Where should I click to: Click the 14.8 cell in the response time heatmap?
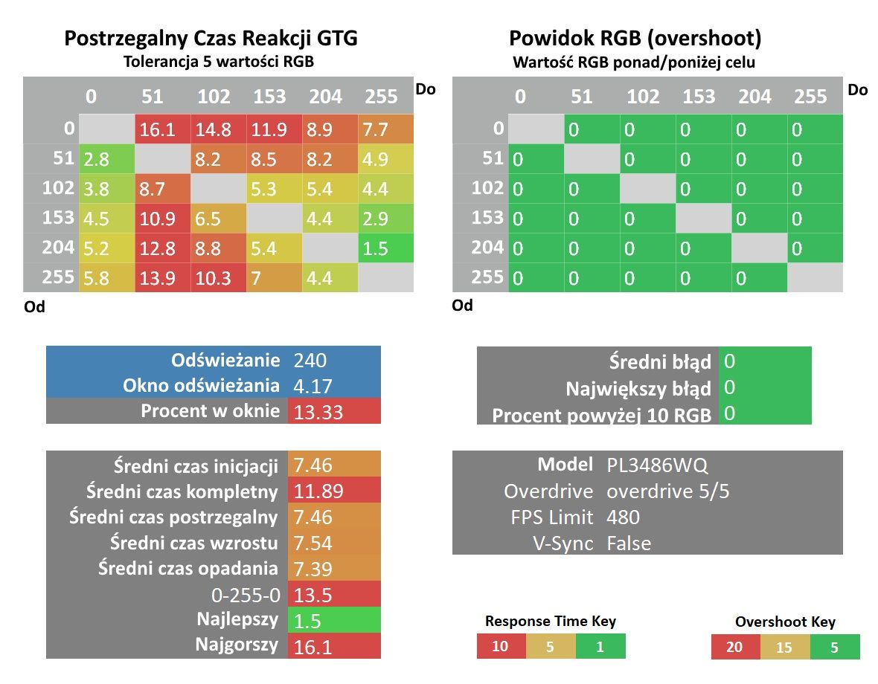pyautogui.click(x=218, y=130)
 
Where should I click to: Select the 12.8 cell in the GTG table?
pyautogui.click(x=162, y=248)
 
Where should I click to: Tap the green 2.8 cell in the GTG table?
pyautogui.click(x=107, y=159)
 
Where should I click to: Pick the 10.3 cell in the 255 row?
pyautogui.click(x=218, y=278)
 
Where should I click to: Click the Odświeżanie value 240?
pyautogui.click(x=310, y=360)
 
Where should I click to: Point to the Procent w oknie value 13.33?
pyautogui.click(x=318, y=412)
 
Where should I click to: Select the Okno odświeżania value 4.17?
pyautogui.click(x=313, y=387)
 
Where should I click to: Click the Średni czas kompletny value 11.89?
pyautogui.click(x=318, y=491)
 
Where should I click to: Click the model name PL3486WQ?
pyautogui.click(x=657, y=465)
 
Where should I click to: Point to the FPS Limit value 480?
pyautogui.click(x=623, y=517)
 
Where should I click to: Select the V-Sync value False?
pyautogui.click(x=629, y=543)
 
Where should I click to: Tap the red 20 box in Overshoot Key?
pyautogui.click(x=735, y=647)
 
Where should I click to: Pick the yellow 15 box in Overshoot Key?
pyautogui.click(x=784, y=647)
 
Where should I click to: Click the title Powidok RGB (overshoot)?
pyautogui.click(x=635, y=39)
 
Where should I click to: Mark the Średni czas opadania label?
pyautogui.click(x=188, y=568)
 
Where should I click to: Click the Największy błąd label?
pyautogui.click(x=638, y=389)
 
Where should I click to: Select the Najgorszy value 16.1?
pyautogui.click(x=313, y=647)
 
